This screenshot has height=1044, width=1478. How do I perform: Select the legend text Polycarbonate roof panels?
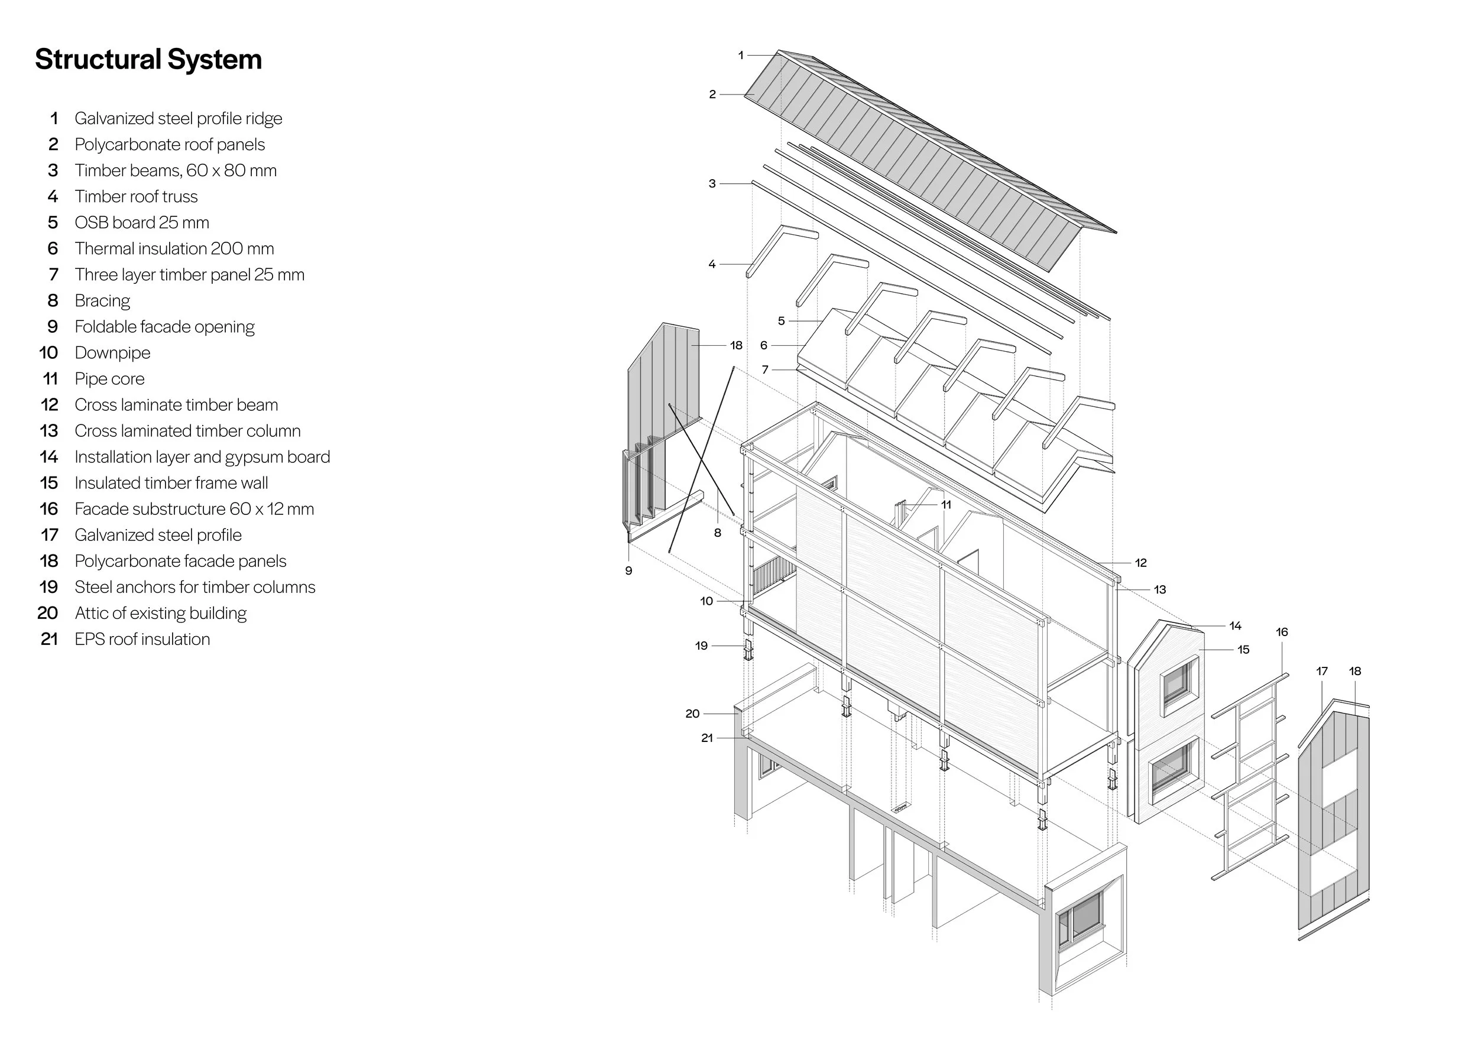click(x=169, y=144)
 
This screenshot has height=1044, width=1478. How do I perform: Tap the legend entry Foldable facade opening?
click(x=164, y=326)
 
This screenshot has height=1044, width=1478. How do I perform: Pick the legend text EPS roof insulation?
click(x=142, y=638)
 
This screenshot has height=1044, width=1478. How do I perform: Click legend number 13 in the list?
click(x=49, y=430)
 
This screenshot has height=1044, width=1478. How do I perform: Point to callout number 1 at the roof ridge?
click(x=740, y=56)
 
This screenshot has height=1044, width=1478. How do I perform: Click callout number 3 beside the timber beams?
click(x=712, y=183)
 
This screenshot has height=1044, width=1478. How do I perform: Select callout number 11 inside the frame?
click(x=946, y=505)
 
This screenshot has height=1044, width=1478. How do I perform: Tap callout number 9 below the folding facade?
click(x=628, y=570)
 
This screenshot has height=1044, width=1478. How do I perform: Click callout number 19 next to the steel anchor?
click(x=701, y=646)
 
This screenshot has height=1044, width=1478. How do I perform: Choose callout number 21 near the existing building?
click(x=707, y=738)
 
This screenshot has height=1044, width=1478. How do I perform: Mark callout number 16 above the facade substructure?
click(x=1282, y=632)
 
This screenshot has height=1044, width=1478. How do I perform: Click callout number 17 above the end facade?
click(x=1321, y=671)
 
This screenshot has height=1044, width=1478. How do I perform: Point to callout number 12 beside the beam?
click(x=1140, y=563)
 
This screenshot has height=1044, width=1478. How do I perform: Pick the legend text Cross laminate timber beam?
click(x=176, y=404)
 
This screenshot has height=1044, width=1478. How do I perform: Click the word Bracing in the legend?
click(x=102, y=300)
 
